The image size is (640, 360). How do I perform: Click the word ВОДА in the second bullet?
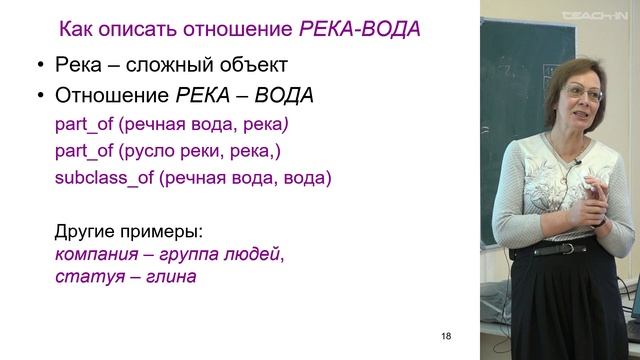pyautogui.click(x=284, y=96)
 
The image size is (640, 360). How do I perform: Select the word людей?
pyautogui.click(x=255, y=254)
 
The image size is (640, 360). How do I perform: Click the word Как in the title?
pyautogui.click(x=80, y=28)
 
